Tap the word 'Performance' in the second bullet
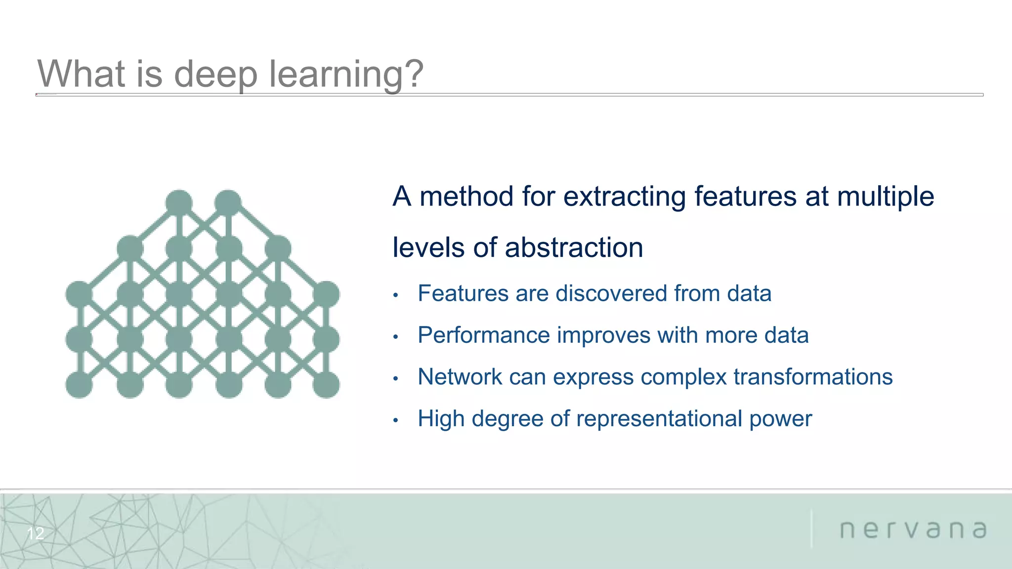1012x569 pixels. pos(483,335)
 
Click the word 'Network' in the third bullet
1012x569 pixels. pos(460,377)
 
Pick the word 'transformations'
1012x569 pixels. pos(813,377)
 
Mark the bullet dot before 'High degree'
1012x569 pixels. pos(395,420)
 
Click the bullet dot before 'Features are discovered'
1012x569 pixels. pos(395,295)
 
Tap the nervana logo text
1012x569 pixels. pos(913,529)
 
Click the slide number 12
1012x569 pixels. pos(36,533)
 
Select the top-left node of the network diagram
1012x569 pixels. pos(179,203)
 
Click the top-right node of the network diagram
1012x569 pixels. pos(228,203)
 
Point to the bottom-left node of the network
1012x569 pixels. pos(79,385)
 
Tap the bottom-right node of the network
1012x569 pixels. pos(326,385)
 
